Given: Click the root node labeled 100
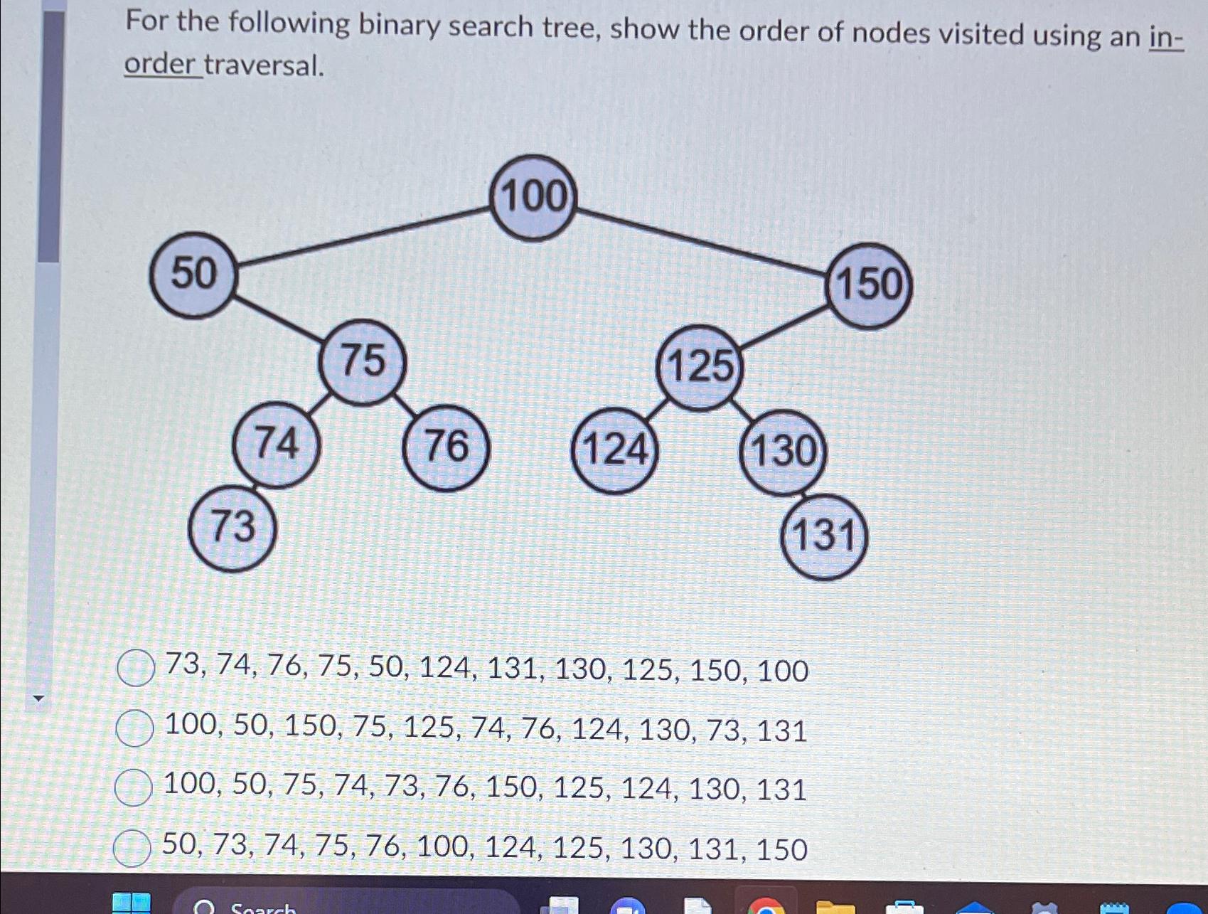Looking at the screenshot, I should [533, 198].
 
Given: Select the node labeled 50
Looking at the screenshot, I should [193, 275].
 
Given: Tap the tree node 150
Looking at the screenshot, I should [869, 285].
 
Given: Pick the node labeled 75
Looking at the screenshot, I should [363, 361].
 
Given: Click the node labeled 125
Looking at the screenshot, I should [700, 368].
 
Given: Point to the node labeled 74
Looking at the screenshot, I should [276, 445].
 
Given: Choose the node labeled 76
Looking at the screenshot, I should [446, 447].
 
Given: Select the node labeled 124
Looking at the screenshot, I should [614, 450].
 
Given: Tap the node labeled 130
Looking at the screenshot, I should [783, 452].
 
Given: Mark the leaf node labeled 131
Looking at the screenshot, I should [824, 536].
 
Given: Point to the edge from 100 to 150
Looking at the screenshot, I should [700, 240].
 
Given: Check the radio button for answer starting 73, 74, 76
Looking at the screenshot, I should [135, 669].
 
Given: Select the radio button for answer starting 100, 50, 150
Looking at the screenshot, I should [134, 728].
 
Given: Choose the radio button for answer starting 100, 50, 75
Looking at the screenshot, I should [133, 787].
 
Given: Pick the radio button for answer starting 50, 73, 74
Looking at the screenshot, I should [132, 848].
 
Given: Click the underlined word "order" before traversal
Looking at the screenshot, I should [160, 65].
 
